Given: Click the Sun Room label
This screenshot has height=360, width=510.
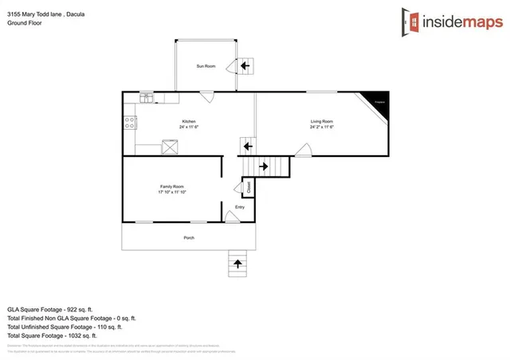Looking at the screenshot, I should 206,65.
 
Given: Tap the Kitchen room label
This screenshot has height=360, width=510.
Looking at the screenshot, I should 187,121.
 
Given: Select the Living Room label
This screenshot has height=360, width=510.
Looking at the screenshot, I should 321,121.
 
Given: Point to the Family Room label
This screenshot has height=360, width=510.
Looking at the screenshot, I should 172,186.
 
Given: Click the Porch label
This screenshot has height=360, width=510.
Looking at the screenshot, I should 189,237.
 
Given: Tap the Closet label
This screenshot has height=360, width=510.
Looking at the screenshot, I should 248,187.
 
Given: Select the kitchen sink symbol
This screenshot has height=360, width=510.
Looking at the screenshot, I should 147,98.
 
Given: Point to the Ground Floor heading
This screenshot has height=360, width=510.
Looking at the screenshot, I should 24,23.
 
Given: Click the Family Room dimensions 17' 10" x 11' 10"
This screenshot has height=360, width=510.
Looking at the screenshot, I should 172,193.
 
